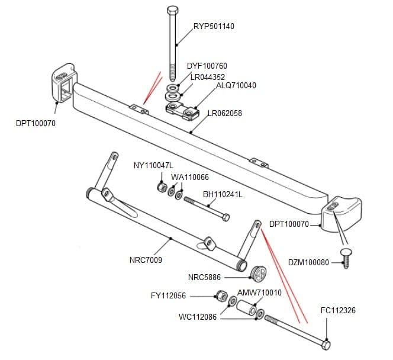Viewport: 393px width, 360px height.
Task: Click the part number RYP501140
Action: point(214,26)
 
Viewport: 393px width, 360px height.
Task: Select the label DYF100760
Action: point(207,66)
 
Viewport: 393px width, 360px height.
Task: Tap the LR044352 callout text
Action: point(207,77)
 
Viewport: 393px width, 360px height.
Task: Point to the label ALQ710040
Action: point(236,86)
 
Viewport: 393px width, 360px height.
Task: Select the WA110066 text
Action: point(189,177)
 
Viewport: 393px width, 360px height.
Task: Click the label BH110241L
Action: point(223,194)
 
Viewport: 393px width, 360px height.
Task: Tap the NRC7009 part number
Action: point(146,260)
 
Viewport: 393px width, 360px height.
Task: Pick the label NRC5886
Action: point(204,277)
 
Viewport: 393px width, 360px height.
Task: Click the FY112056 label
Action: point(169,295)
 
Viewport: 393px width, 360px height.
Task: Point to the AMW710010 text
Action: point(259,292)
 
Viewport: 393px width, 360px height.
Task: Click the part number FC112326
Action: point(338,310)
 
